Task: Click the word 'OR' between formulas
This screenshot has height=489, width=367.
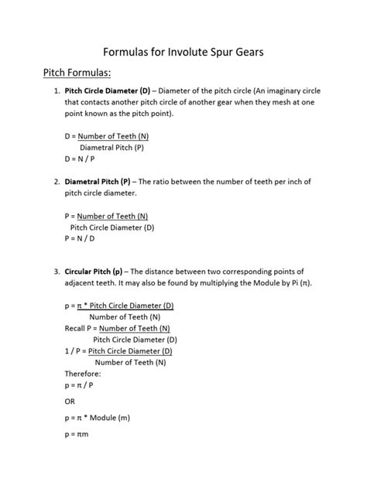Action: coord(70,402)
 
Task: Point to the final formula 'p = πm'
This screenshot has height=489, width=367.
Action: coord(79,436)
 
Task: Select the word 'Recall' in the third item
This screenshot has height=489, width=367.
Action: coord(77,328)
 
